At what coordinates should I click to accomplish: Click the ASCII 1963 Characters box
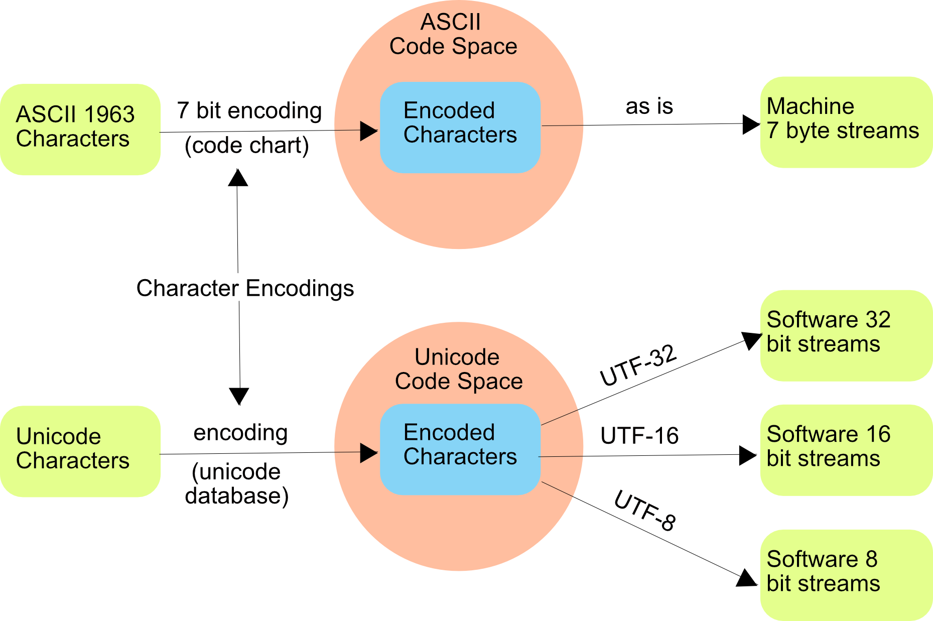(x=80, y=129)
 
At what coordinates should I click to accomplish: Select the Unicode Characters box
(x=80, y=451)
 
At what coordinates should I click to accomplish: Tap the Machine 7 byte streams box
(x=846, y=122)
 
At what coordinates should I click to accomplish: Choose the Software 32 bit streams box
(x=846, y=335)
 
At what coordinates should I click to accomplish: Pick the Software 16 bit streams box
(x=846, y=450)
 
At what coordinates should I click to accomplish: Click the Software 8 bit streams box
(x=846, y=575)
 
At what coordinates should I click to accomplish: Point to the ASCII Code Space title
(x=453, y=34)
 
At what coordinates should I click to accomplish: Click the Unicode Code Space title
(x=458, y=369)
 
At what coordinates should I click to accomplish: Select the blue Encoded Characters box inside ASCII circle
(x=460, y=128)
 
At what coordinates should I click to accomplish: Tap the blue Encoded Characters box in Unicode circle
(x=460, y=449)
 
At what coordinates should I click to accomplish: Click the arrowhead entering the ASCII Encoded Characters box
(x=368, y=131)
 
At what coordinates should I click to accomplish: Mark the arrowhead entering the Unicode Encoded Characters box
(x=368, y=453)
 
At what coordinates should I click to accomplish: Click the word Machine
(x=810, y=106)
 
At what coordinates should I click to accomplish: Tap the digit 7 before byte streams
(x=772, y=131)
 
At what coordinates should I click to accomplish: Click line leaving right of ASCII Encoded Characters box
(x=562, y=125)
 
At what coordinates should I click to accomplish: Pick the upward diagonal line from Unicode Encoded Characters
(x=560, y=417)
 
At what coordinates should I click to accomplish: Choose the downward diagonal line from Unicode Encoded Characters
(x=557, y=489)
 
